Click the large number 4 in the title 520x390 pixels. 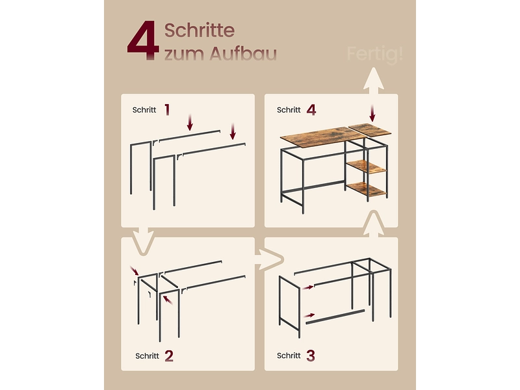[143, 40]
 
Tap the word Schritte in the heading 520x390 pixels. [200, 30]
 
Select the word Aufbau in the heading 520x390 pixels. [243, 53]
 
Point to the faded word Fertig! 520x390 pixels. [375, 54]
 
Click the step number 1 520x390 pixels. [167, 109]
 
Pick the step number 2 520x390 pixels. [169, 356]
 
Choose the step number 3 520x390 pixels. [311, 356]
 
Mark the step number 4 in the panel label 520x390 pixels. [311, 110]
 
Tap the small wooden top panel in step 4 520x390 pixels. [369, 129]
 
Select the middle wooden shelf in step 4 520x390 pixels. [367, 166]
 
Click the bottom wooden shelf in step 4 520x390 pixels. [367, 189]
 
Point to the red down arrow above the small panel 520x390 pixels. [372, 113]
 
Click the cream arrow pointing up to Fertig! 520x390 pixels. [373, 81]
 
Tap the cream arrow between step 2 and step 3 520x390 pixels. [269, 259]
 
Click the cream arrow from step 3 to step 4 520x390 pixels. [374, 224]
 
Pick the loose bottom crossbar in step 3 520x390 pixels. [335, 317]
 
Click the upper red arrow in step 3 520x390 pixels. [308, 287]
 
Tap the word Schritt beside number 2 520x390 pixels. [148, 356]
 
